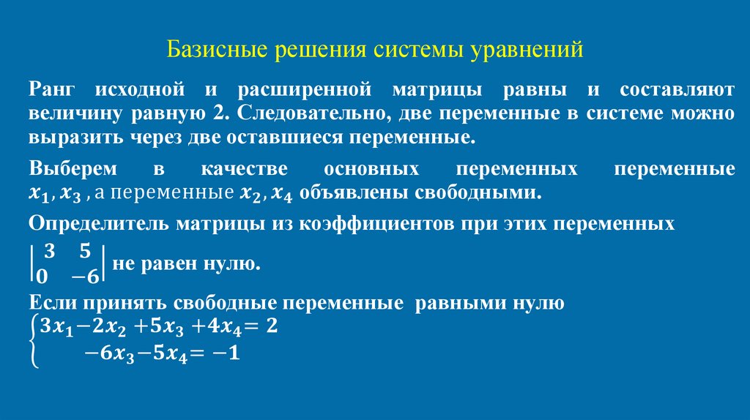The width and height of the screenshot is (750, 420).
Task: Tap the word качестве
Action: (x=242, y=169)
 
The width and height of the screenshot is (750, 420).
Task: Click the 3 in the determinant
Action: (x=49, y=251)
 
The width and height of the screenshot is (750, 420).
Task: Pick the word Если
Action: (x=48, y=304)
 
